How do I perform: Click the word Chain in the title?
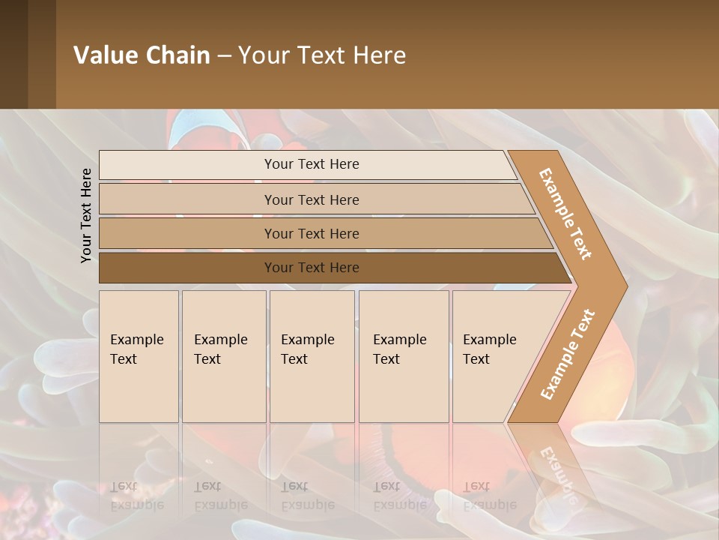178,55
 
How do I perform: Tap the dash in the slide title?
224,56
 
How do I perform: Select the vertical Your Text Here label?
86,215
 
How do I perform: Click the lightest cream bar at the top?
311,164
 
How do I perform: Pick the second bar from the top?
311,199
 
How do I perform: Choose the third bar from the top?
311,233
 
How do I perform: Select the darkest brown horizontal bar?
311,268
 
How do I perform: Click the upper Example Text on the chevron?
565,214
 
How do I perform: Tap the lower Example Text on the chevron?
568,354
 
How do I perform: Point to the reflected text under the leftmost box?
137,496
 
